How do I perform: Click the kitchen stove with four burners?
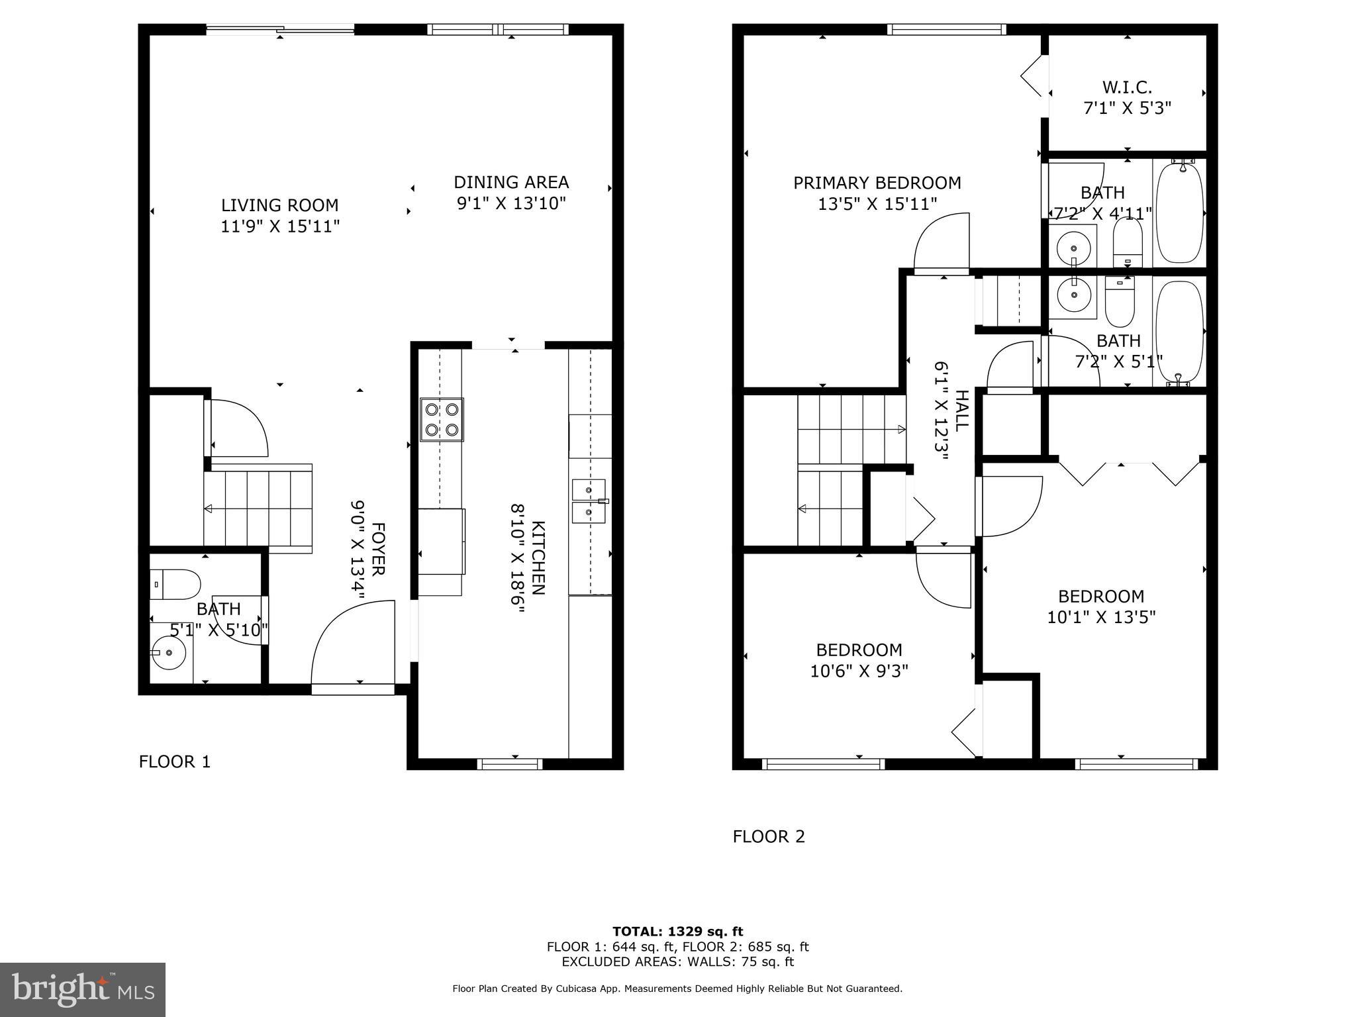pyautogui.click(x=442, y=420)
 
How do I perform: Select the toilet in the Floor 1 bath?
pyautogui.click(x=175, y=584)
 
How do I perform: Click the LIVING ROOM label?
pyautogui.click(x=279, y=205)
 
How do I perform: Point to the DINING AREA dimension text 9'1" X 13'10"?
pyautogui.click(x=511, y=203)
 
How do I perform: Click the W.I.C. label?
pyautogui.click(x=1127, y=87)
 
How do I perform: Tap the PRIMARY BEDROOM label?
pyautogui.click(x=877, y=183)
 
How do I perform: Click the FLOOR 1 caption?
pyautogui.click(x=174, y=762)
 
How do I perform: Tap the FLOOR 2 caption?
pyautogui.click(x=768, y=837)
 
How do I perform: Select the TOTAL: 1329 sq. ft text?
pyautogui.click(x=677, y=932)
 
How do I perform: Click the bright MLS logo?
pyautogui.click(x=83, y=989)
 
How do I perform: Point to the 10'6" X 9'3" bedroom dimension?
pyautogui.click(x=859, y=671)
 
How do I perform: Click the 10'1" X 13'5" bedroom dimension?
pyautogui.click(x=1100, y=617)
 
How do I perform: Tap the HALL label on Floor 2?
pyautogui.click(x=961, y=411)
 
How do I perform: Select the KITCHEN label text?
pyautogui.click(x=538, y=558)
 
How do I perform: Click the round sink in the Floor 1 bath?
pyautogui.click(x=169, y=652)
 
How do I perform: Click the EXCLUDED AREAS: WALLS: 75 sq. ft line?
pyautogui.click(x=677, y=962)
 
